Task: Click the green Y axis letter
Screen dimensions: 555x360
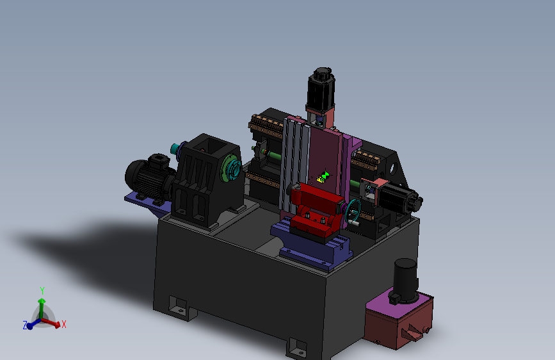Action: (x=42, y=291)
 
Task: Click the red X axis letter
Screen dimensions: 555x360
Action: (x=64, y=324)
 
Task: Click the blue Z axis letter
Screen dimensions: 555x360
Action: (x=25, y=325)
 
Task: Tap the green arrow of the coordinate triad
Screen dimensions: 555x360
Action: (x=42, y=307)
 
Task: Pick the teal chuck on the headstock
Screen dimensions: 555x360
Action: (x=232, y=170)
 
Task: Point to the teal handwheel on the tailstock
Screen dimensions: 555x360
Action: (x=353, y=211)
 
